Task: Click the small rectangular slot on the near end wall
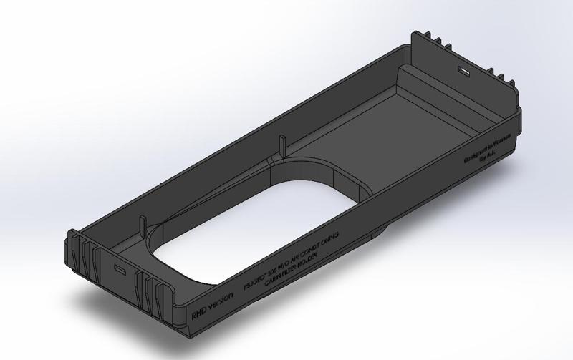tap(120, 268)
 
